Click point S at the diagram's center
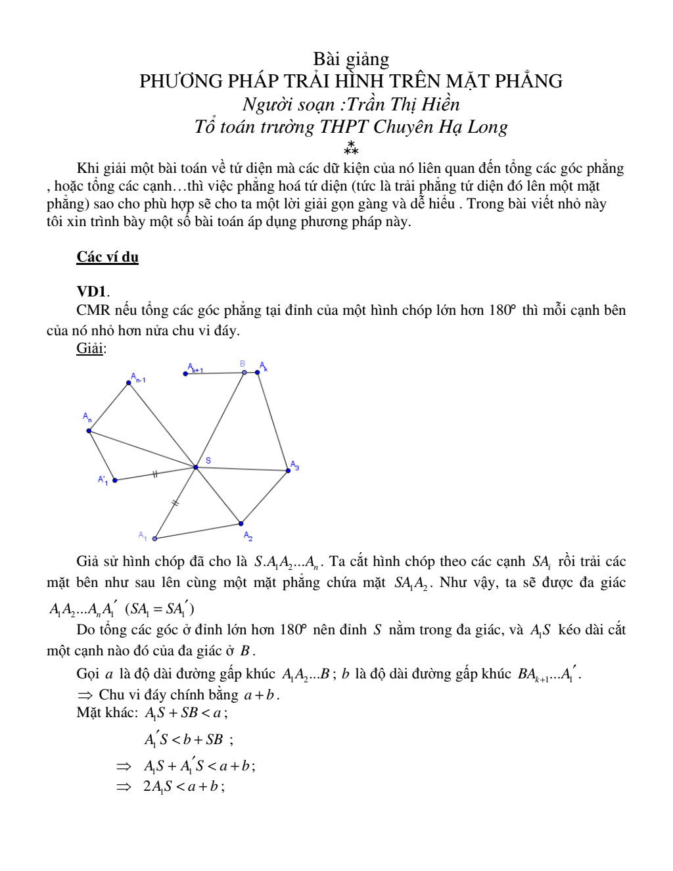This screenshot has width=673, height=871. tap(196, 467)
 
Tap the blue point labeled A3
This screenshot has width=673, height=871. tap(289, 471)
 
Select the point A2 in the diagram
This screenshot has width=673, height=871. tap(241, 524)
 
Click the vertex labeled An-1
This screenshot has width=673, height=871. tap(129, 383)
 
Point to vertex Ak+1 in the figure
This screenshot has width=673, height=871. tap(186, 374)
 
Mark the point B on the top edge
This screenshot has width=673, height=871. tap(244, 373)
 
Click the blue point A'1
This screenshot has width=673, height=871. tap(115, 481)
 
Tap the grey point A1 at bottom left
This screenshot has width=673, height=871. tap(155, 538)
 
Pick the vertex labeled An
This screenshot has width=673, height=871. tap(89, 431)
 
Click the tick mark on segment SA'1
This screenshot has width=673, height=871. tap(155, 473)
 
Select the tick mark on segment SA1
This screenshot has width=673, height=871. tap(175, 504)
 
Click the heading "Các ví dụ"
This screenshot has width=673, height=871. tap(107, 257)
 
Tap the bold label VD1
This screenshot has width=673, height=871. tap(91, 291)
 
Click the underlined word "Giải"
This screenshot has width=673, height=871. tap(90, 348)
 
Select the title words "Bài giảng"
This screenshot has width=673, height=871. tap(351, 59)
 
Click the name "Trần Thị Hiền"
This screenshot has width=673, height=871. tap(404, 104)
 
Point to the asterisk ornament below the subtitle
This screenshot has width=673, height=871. tap(351, 148)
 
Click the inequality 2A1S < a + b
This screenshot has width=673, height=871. tap(183, 786)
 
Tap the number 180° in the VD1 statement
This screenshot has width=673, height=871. tap(503, 310)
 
